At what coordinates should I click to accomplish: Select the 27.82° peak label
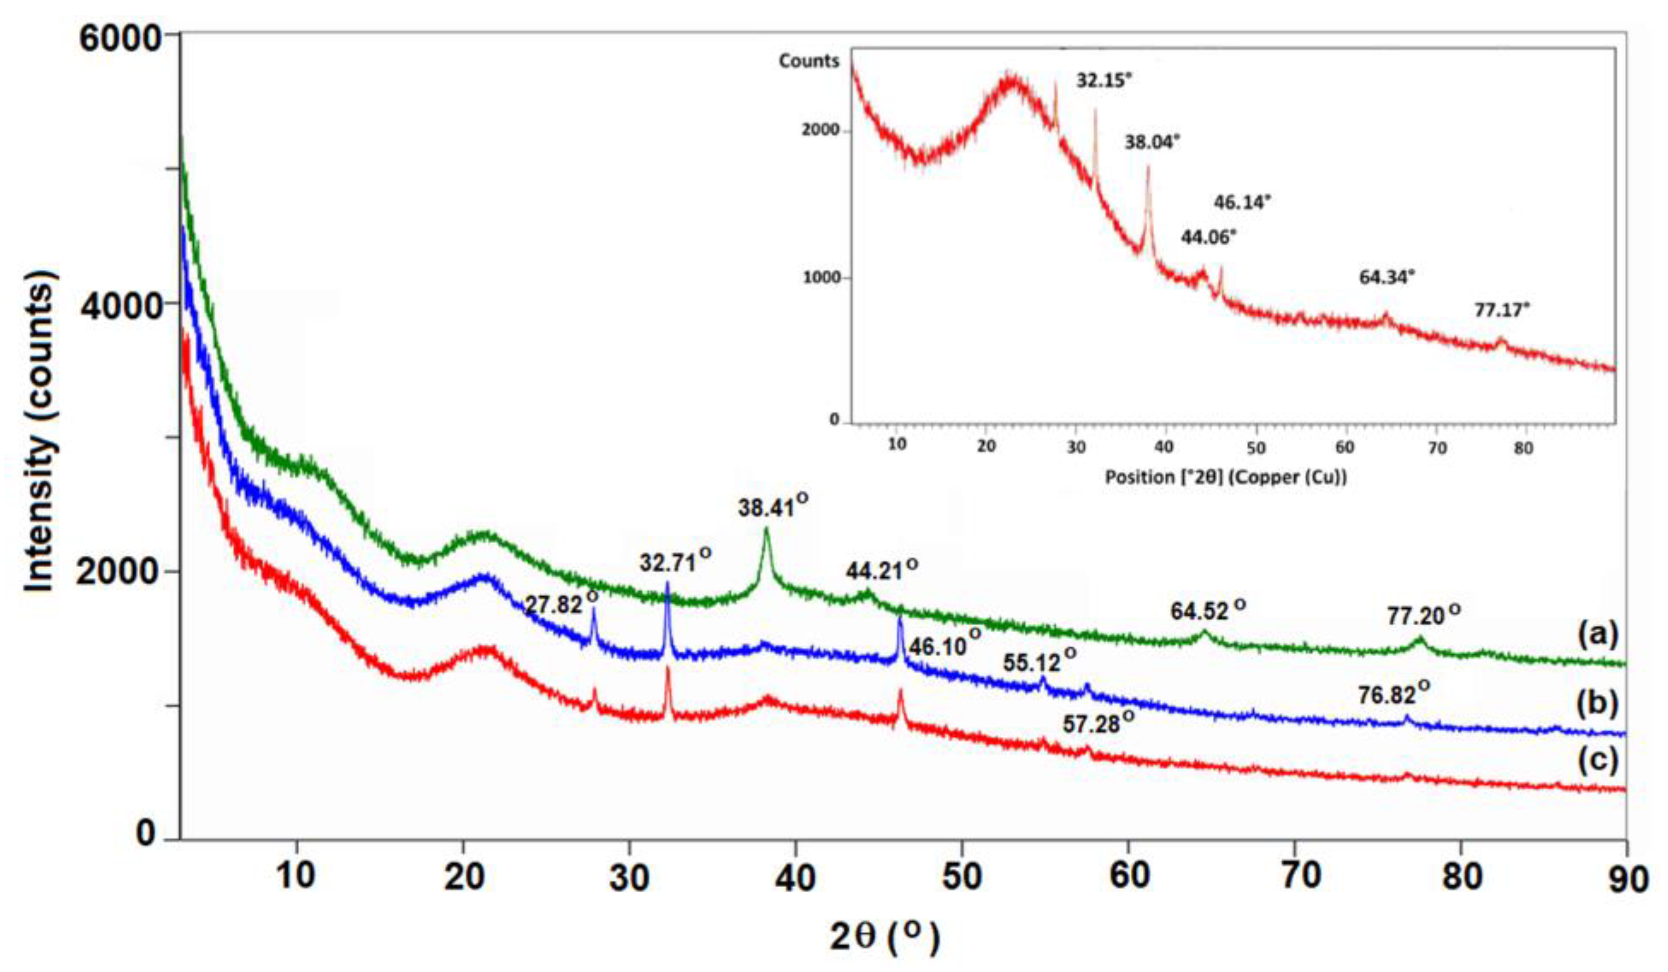[561, 604]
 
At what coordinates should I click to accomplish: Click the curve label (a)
[1597, 634]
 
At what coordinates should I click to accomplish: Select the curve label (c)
[1597, 760]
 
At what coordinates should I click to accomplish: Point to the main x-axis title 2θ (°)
[884, 937]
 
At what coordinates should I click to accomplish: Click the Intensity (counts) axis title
[40, 430]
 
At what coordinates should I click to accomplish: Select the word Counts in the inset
[808, 61]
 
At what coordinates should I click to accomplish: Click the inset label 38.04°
[1152, 142]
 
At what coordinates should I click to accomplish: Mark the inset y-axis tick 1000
[821, 277]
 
